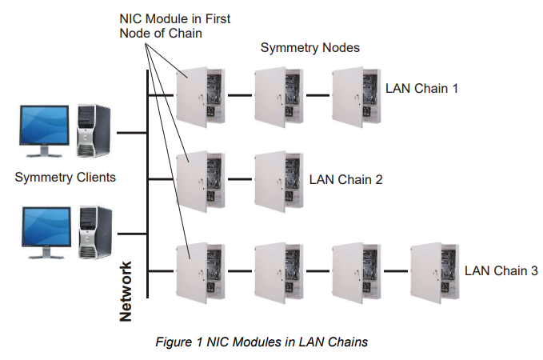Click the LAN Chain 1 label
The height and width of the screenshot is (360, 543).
point(421,88)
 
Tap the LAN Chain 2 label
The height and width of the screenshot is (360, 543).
point(345,178)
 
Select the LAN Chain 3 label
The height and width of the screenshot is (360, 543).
point(501,271)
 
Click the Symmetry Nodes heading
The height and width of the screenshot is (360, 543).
point(310,48)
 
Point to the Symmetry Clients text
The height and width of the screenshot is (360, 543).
point(65,178)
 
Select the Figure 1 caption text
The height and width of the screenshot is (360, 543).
point(262,342)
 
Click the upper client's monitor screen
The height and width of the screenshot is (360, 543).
point(45,128)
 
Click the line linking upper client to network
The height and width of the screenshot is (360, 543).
point(131,133)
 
